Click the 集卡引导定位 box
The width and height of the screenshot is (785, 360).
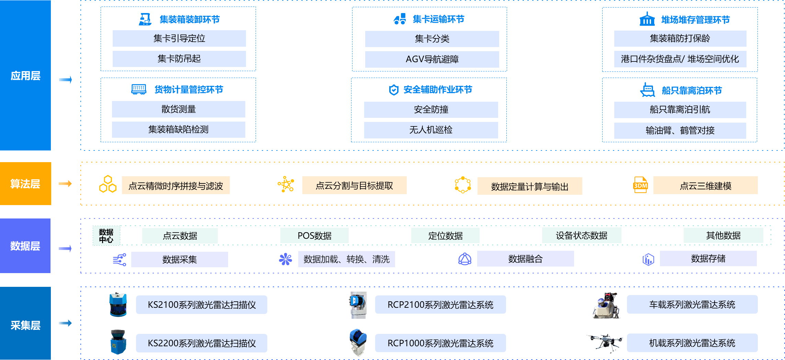tap(179, 38)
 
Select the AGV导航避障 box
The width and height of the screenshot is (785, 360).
tap(432, 59)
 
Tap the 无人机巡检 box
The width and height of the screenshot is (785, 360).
tap(431, 130)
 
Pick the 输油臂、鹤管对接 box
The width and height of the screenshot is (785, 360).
tap(680, 131)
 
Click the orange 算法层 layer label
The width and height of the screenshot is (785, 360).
tap(25, 184)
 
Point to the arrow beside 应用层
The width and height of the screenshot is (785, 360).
tap(65, 80)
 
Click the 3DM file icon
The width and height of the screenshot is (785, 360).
tap(640, 185)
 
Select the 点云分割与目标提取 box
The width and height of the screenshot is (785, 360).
tap(354, 185)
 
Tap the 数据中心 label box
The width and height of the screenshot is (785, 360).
tap(106, 236)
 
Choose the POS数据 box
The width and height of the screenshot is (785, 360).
tap(314, 236)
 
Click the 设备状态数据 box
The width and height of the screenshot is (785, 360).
tap(581, 235)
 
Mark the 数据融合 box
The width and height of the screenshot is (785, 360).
tap(525, 259)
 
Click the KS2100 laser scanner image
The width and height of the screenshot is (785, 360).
tap(118, 304)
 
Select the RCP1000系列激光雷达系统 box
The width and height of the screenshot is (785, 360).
tap(440, 343)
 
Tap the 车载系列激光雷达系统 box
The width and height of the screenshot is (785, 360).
tap(692, 304)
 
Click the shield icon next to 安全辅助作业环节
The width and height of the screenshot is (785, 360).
tap(394, 90)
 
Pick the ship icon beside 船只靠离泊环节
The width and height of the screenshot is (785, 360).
tap(648, 90)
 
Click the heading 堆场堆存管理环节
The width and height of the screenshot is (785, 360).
tap(695, 20)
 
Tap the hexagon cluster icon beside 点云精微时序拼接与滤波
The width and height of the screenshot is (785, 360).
tap(108, 184)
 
